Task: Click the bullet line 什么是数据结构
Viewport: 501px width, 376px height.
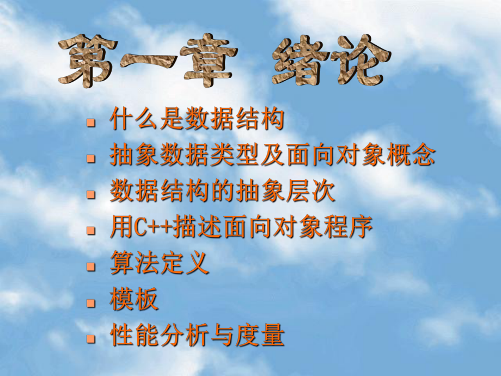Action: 197,120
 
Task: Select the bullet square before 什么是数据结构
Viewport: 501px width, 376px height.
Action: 91,122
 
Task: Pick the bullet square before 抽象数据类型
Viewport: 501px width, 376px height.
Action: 91,158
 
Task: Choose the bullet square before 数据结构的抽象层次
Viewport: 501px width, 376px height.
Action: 91,194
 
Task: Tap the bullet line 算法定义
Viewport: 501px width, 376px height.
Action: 159,264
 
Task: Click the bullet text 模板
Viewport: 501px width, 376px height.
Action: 134,300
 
